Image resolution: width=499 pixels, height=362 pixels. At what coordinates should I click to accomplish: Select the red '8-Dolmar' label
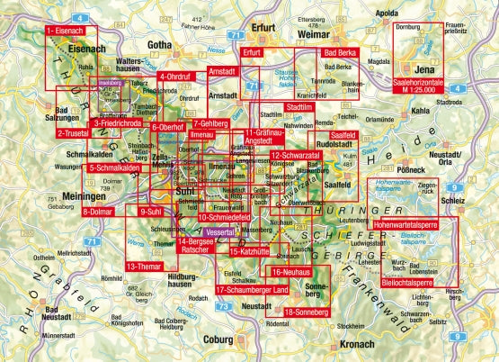point(102,212)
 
